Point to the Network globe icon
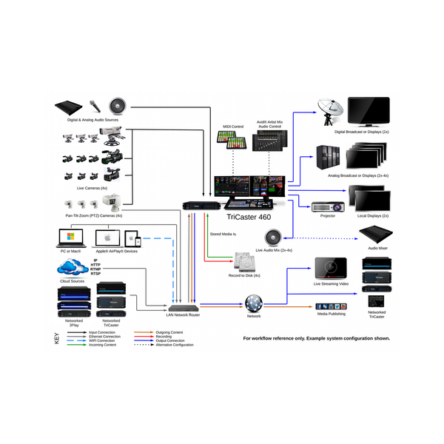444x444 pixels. pyautogui.click(x=254, y=303)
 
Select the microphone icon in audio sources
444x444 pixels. pyautogui.click(x=95, y=106)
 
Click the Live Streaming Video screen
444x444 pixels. pyautogui.click(x=330, y=269)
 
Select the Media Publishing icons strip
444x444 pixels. pyautogui.click(x=329, y=306)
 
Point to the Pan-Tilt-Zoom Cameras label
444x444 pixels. pyautogui.click(x=95, y=215)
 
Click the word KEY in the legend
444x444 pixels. pyautogui.click(x=57, y=341)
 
